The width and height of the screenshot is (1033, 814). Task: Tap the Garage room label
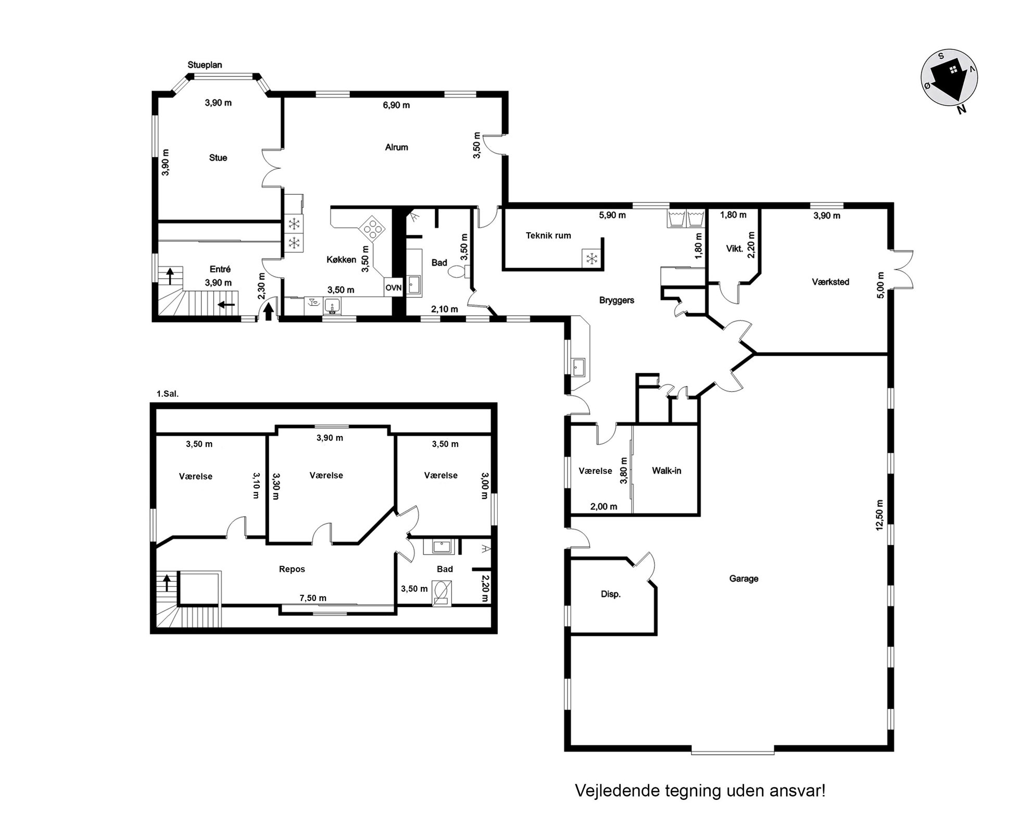coord(744,579)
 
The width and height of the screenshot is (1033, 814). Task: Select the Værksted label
coord(830,282)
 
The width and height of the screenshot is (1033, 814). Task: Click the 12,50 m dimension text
coord(879,515)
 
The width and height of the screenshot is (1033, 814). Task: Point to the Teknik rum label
coord(548,235)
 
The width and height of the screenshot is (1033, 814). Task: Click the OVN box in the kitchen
coord(394,287)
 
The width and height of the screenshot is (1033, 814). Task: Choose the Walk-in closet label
coord(666,471)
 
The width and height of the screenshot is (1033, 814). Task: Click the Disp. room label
coord(611,594)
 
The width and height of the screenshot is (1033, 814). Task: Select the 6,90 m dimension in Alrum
coord(396,105)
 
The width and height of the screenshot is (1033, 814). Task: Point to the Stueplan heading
coord(205,65)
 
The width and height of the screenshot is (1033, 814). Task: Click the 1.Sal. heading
coord(168,394)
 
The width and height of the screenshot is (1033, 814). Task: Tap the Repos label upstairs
coord(292,569)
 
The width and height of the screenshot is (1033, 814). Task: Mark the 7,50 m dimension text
coord(313,598)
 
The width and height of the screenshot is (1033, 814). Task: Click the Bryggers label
coord(616,300)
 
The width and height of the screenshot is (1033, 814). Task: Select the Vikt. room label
coord(735,249)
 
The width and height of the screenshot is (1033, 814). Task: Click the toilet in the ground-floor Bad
coord(458,271)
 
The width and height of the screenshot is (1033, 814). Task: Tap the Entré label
coord(220,269)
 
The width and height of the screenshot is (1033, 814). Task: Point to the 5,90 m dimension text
coord(612,215)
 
